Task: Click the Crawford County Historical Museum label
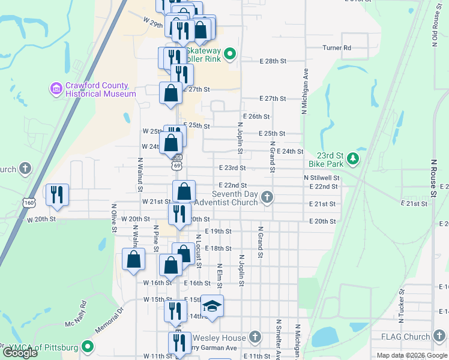click(101, 89)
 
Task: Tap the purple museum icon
click(57, 89)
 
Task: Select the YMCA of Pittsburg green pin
click(88, 347)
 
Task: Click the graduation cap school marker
click(212, 307)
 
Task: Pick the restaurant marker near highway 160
click(57, 194)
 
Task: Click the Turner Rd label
click(336, 47)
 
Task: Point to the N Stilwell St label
click(321, 178)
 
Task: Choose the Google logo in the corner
click(20, 353)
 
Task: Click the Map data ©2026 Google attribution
click(411, 355)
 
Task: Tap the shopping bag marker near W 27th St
click(171, 94)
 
